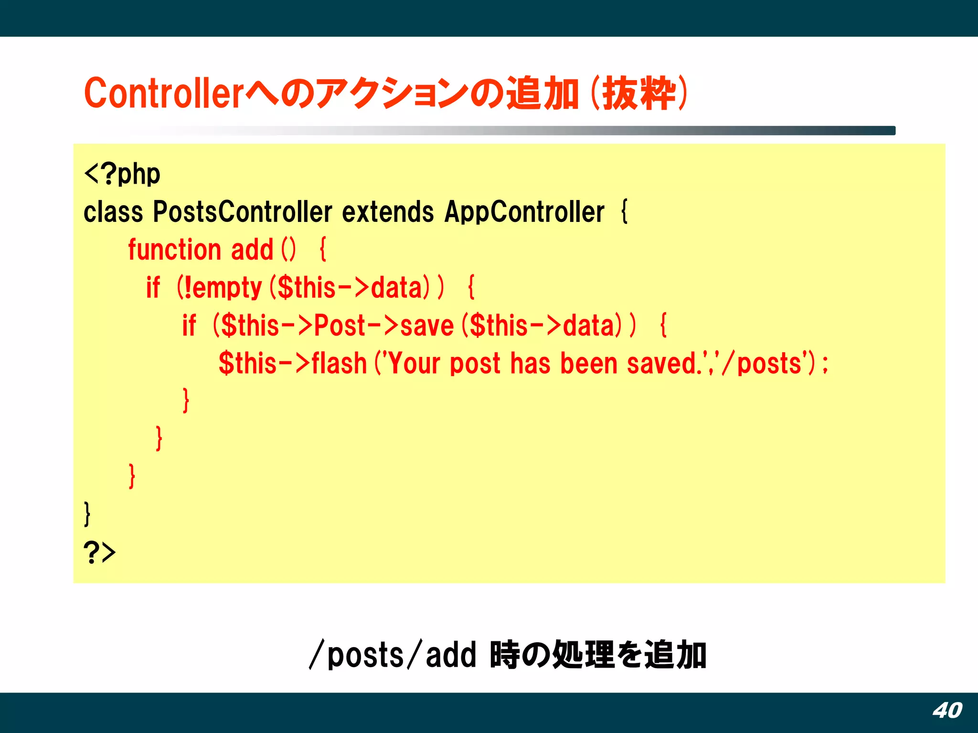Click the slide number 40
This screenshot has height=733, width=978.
(947, 711)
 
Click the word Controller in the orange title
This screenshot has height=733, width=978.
(164, 93)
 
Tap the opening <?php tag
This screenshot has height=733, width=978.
(122, 174)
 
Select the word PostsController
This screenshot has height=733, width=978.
(242, 212)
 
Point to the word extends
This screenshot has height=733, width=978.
(388, 212)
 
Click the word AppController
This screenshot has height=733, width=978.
(524, 212)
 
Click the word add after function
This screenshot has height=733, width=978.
(252, 250)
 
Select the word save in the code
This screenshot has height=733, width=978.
(426, 326)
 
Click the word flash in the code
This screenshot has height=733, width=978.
(339, 364)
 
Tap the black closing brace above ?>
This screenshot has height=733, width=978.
(87, 514)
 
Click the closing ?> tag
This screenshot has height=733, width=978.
(99, 553)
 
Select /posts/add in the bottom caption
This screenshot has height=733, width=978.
(393, 655)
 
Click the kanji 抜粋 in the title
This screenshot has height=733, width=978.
(638, 93)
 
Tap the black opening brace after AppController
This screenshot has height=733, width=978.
(624, 212)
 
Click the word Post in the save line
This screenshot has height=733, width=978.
(340, 326)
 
